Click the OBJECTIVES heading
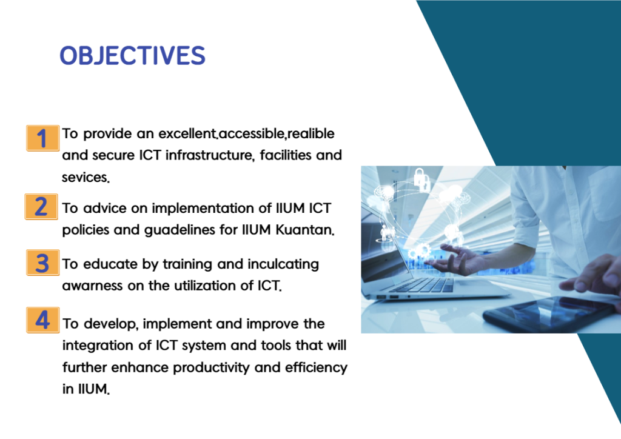(132, 55)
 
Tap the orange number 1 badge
(43, 138)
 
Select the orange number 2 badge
(41, 207)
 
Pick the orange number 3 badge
(43, 263)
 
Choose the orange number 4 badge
(43, 320)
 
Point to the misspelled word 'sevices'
(86, 177)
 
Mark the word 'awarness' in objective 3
(92, 286)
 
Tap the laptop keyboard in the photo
(424, 285)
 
